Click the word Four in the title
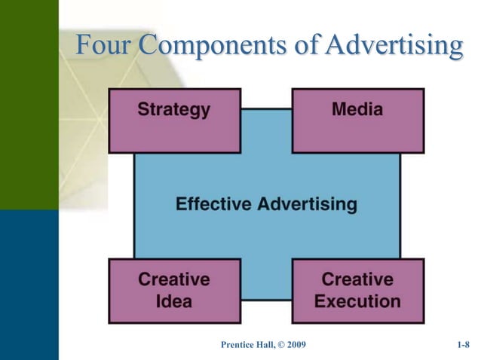[106, 47]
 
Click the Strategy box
[174, 121]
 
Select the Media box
[357, 121]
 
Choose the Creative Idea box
[174, 291]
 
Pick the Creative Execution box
[357, 291]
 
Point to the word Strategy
[173, 110]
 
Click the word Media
[357, 110]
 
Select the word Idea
[173, 302]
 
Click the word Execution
[357, 302]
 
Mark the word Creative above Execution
[357, 279]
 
